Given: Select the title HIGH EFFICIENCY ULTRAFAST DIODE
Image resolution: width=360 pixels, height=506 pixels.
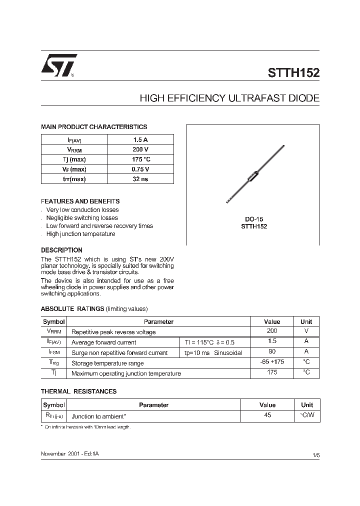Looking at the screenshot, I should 229,98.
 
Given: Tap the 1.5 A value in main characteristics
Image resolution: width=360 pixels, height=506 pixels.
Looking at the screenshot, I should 140,140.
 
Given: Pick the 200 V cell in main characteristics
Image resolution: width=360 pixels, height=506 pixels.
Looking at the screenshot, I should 140,149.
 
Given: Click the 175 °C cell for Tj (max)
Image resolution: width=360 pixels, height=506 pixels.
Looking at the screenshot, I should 140,159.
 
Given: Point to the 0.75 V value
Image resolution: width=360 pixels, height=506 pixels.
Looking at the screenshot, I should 140,169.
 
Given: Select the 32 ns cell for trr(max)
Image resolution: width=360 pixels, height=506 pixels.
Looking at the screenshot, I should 140,179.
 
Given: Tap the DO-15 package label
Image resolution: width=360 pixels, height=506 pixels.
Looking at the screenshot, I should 254,219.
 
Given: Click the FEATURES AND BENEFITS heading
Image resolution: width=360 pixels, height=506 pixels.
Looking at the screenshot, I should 80,201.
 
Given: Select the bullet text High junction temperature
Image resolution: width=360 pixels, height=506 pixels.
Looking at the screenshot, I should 80,234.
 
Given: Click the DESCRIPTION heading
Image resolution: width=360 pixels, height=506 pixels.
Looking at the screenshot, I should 61,250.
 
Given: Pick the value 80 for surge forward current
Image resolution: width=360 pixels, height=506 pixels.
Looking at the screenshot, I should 271,352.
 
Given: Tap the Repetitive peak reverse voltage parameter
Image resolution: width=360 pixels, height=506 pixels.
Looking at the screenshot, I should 113,332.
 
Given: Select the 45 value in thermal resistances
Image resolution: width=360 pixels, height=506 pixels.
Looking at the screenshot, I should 267,415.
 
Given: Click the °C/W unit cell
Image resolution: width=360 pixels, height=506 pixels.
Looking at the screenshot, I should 306,415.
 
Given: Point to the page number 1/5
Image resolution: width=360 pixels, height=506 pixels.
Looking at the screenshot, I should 315,454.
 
